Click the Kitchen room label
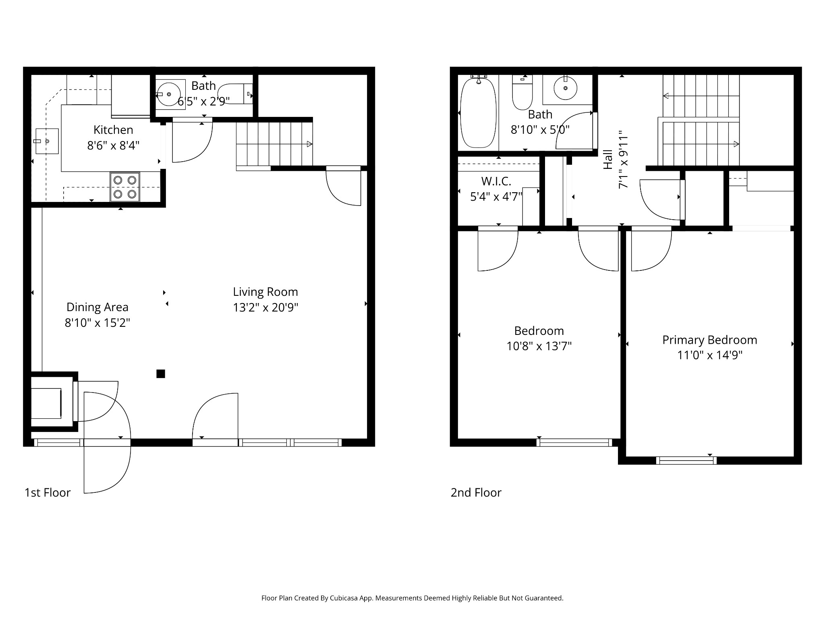tap(113, 130)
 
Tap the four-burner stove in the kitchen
tap(125, 187)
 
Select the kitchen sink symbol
tap(47, 141)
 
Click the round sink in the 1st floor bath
tap(168, 94)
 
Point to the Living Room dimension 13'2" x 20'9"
tap(265, 307)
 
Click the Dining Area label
tap(97, 307)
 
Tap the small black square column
tap(161, 374)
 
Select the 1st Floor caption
tap(48, 492)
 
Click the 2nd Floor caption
tap(476, 492)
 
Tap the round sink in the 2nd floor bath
tap(565, 87)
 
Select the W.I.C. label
tap(496, 181)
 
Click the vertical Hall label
tap(608, 159)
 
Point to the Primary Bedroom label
tap(710, 340)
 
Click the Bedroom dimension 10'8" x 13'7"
tap(539, 346)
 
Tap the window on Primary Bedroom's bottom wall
tap(686, 460)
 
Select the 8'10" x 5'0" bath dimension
tap(540, 130)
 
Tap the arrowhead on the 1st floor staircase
tap(309, 144)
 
